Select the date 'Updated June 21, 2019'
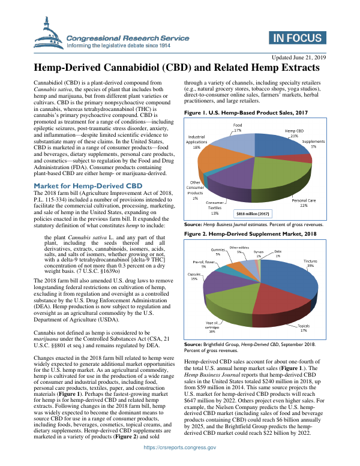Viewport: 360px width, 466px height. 298,57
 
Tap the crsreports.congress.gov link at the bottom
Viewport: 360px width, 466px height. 180,459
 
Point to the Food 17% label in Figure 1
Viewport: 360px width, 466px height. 238,127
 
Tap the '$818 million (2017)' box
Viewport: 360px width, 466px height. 253,213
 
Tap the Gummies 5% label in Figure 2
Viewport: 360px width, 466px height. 218,252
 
